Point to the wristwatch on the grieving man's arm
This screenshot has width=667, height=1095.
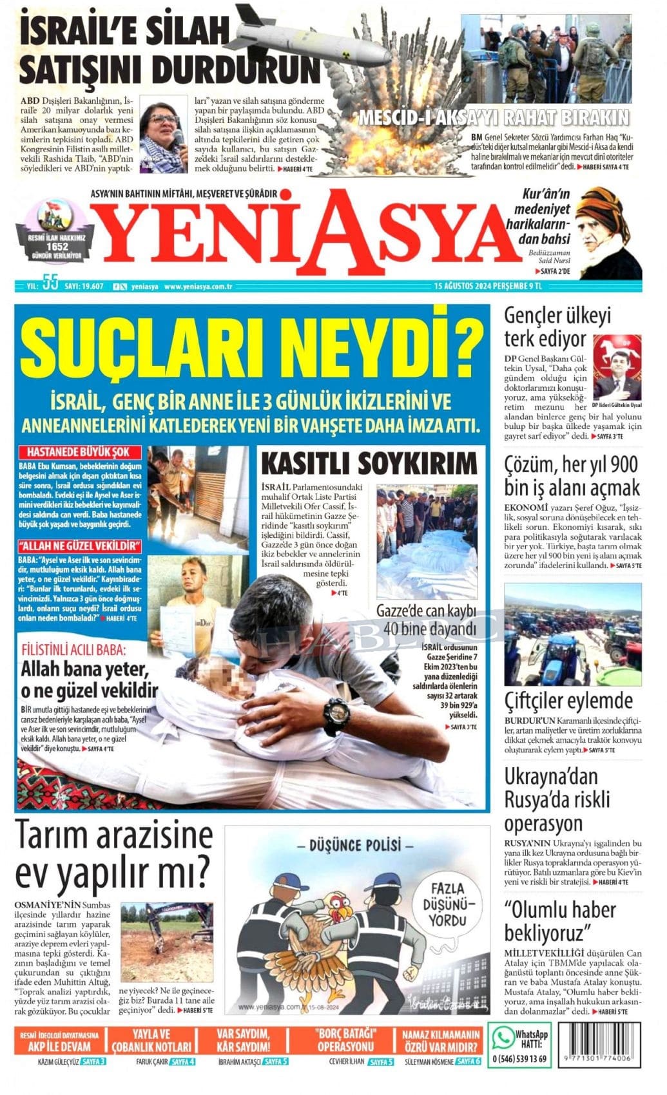pos(337,714)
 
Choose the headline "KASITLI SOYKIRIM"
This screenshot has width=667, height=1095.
pos(369,462)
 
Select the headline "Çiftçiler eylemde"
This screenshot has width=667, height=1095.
pos(568,700)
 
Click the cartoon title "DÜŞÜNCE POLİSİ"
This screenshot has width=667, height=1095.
pos(355,845)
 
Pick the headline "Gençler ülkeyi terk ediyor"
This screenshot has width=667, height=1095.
pos(557,327)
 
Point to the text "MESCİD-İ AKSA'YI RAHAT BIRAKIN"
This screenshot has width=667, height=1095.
pos(493,118)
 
